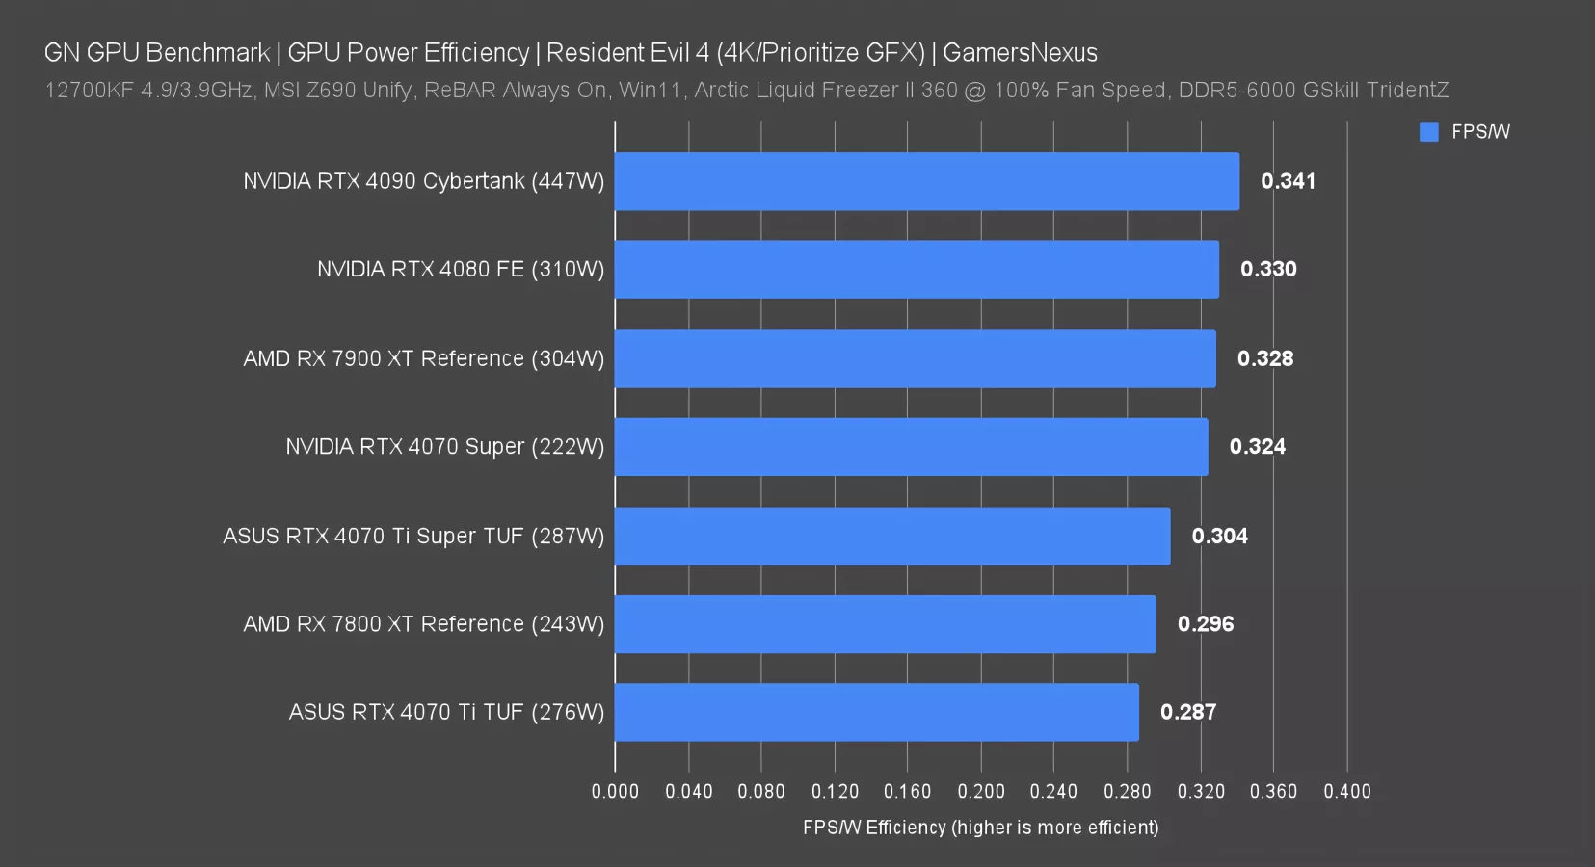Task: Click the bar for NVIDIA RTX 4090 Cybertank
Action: click(926, 181)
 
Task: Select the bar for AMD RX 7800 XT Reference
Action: click(885, 624)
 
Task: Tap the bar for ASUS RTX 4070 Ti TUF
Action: click(876, 712)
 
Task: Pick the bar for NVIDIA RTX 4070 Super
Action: click(911, 447)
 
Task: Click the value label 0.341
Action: click(1288, 181)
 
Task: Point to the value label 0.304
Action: click(1219, 536)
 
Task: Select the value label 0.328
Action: click(1265, 358)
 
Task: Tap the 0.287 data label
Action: click(1187, 712)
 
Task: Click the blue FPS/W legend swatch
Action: click(1428, 132)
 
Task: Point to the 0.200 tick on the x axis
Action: click(980, 792)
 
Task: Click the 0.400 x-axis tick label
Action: click(1346, 792)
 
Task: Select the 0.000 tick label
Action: click(615, 792)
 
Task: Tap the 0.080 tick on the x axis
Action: click(761, 792)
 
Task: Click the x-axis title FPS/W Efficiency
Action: click(980, 828)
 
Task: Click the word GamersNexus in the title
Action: click(1020, 53)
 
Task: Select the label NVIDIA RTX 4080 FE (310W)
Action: click(461, 270)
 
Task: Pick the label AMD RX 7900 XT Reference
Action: click(423, 358)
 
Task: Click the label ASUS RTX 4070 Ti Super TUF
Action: click(413, 536)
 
